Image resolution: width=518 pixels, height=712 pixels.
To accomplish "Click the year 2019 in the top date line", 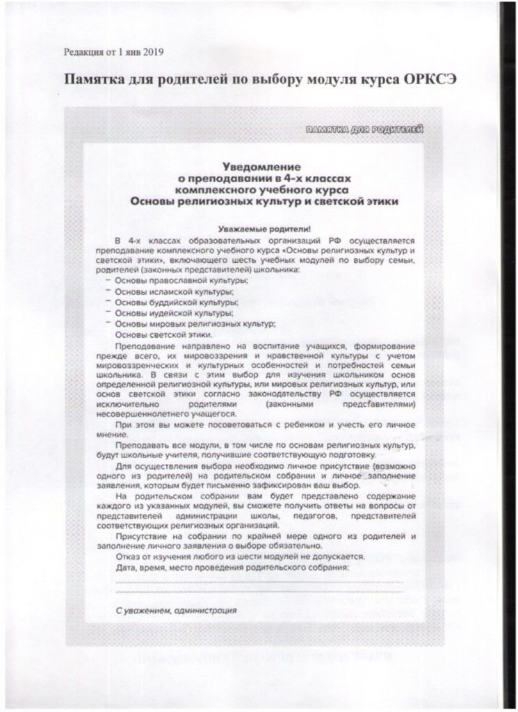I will point(154,51).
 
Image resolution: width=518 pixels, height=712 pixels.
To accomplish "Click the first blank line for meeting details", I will point(259,581).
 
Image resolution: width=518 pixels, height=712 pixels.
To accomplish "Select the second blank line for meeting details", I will point(259,592).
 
